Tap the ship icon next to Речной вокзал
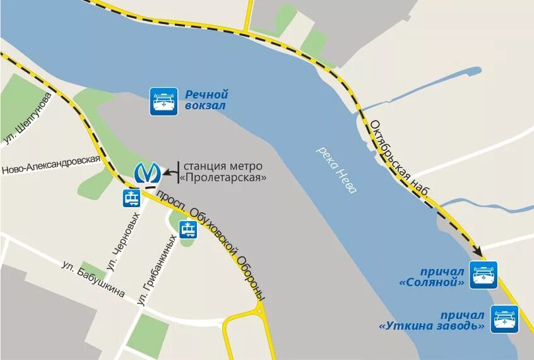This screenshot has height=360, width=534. tap(163, 101)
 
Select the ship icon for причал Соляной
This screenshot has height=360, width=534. tap(484, 275)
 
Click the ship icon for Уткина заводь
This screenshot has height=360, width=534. tap(504, 319)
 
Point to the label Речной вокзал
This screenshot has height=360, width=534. tap(206, 100)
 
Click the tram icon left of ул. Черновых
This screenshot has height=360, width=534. tap(132, 198)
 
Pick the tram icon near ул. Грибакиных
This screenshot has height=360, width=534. tap(187, 230)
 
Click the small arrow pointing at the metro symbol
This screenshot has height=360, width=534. tap(169, 171)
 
